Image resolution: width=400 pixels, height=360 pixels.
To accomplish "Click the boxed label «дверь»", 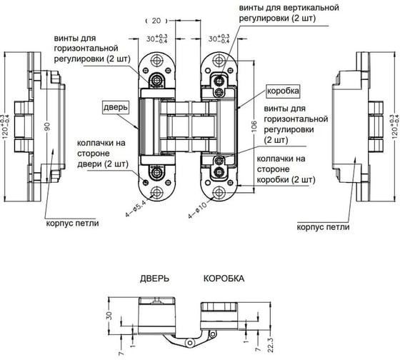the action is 116,107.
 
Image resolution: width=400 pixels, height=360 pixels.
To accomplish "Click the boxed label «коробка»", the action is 283,91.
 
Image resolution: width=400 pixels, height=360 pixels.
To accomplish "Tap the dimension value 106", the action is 254,126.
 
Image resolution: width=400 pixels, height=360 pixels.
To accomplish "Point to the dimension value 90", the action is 47,127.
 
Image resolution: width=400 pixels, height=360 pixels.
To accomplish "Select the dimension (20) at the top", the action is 156,21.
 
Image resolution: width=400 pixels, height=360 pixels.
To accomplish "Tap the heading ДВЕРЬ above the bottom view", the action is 154,279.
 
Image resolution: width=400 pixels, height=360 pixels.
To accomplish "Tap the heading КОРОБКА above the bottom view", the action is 224,279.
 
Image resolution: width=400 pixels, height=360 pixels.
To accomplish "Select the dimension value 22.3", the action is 271,345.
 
